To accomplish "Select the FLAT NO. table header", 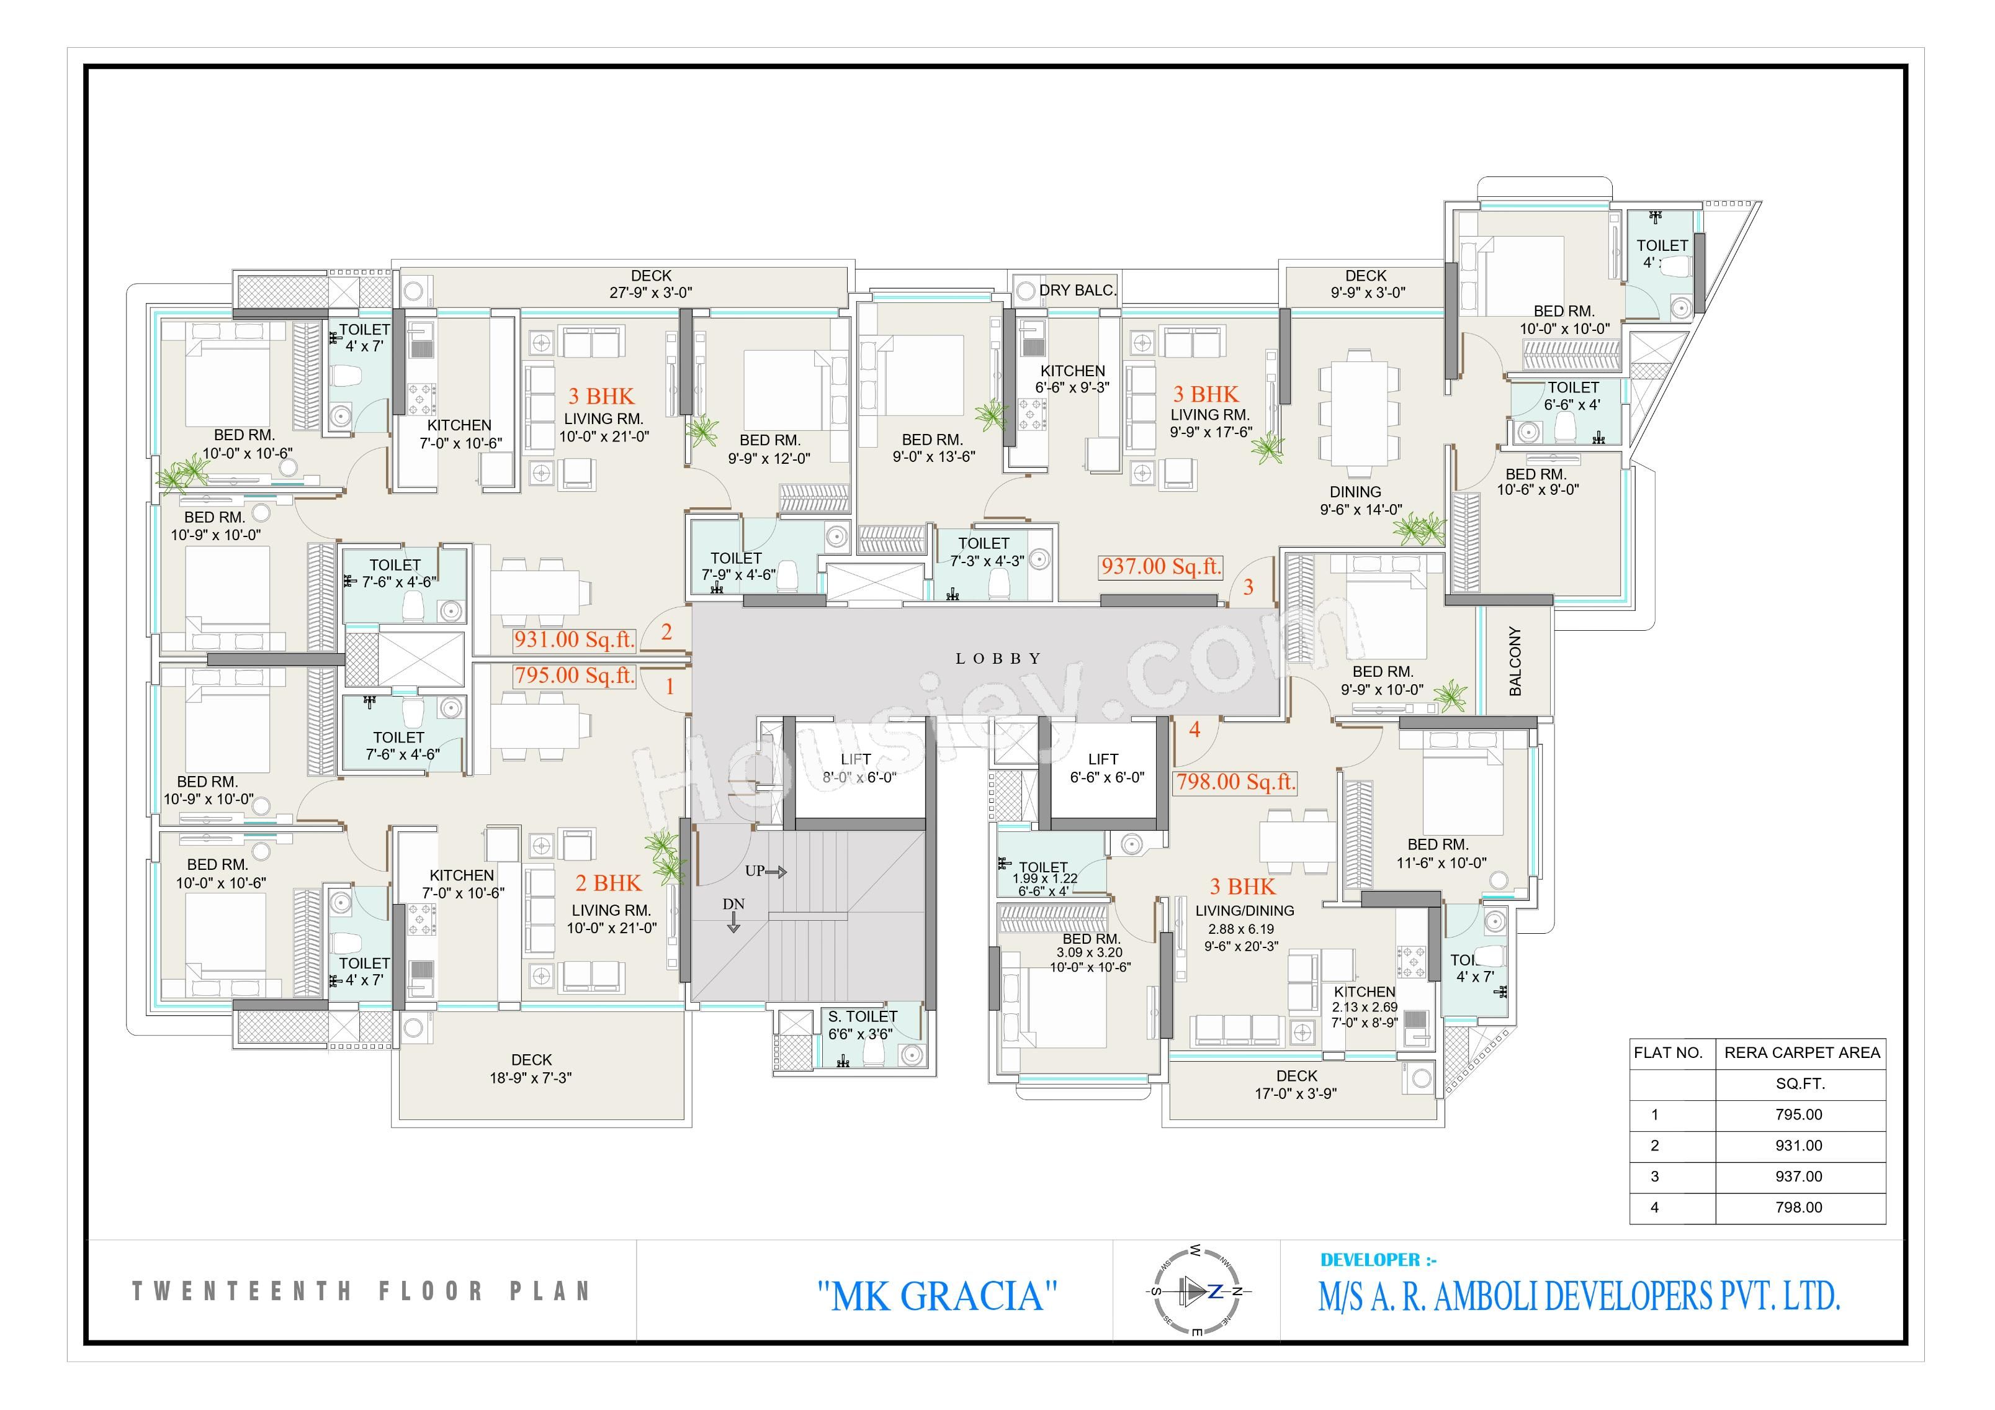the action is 1669,1053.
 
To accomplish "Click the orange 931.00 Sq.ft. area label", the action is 573,639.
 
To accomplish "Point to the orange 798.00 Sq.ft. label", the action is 1235,782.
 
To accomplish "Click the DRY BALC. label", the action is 1077,291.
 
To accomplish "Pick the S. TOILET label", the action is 862,1016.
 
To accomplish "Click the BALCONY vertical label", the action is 1515,661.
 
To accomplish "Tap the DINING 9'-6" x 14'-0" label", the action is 1361,500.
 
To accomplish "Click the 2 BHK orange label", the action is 608,884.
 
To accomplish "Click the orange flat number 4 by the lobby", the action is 1195,730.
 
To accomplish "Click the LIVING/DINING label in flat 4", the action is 1244,911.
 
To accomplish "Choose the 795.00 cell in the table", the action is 1799,1114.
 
